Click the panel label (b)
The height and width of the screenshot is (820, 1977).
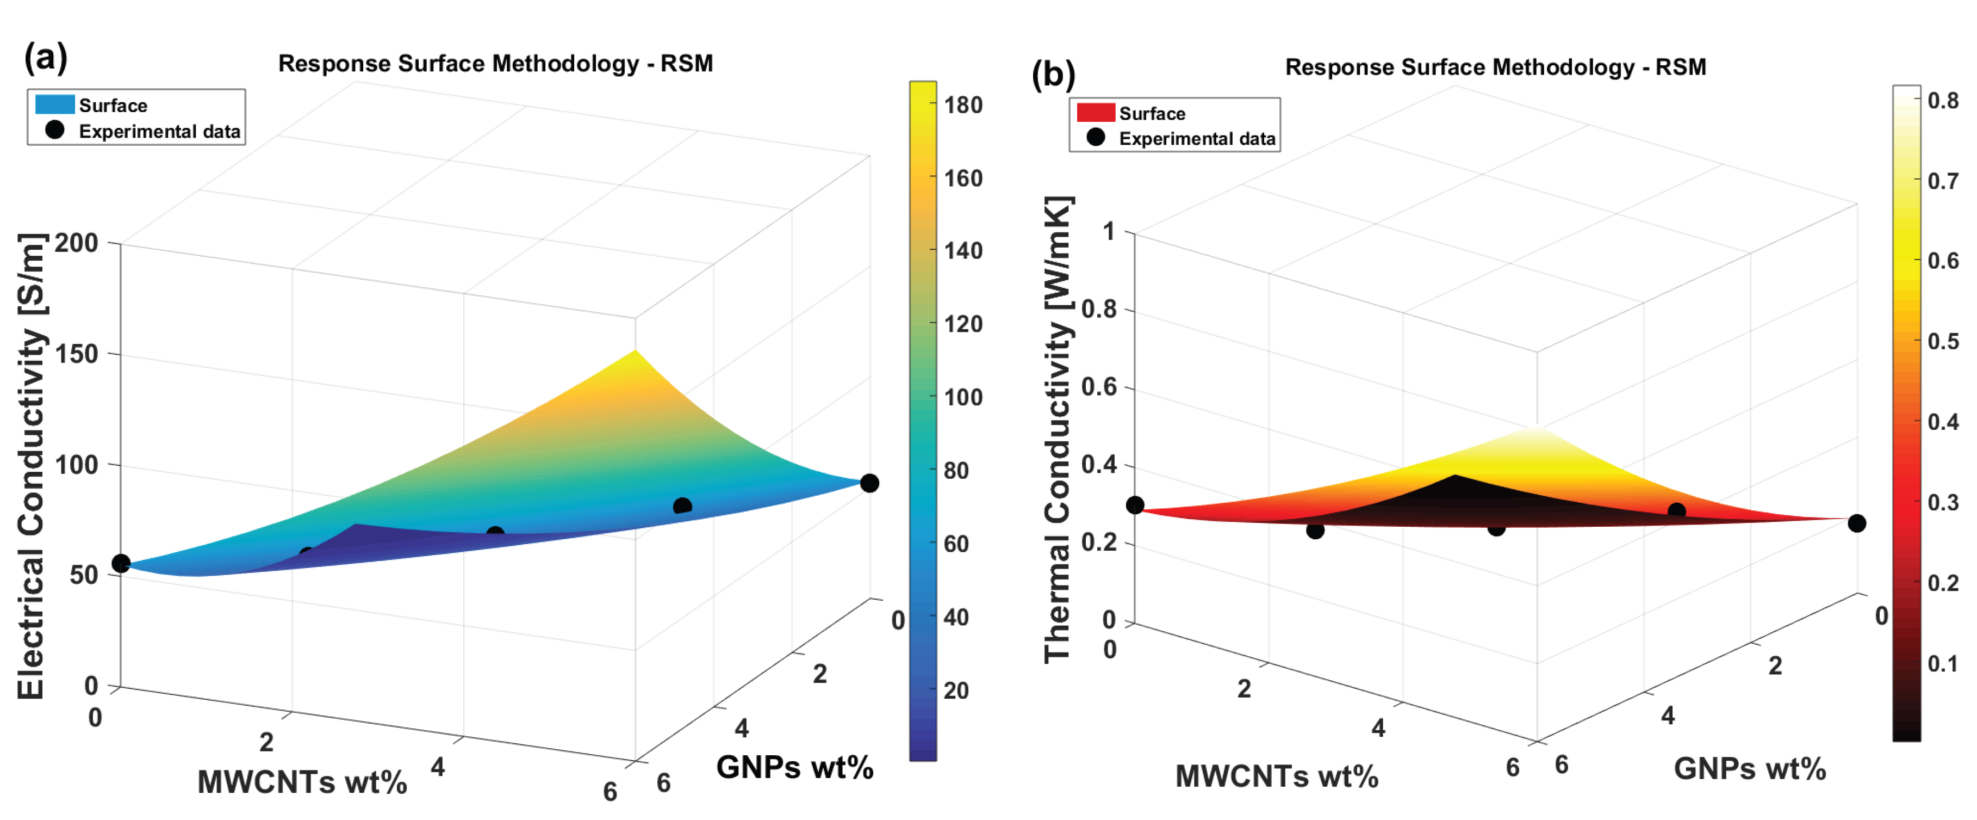[x=1053, y=75]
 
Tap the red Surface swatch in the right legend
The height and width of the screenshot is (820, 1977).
[x=1095, y=113]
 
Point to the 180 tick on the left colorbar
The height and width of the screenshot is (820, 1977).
[x=963, y=104]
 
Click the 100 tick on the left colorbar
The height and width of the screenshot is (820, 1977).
[x=963, y=397]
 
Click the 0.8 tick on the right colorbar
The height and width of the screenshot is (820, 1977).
[x=1942, y=101]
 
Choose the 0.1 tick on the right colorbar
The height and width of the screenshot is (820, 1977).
[x=1942, y=663]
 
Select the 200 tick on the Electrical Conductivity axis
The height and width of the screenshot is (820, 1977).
[x=77, y=243]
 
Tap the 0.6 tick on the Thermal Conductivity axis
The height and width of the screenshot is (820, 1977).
[x=1099, y=386]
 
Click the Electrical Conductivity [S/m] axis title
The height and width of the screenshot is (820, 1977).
[x=32, y=465]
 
